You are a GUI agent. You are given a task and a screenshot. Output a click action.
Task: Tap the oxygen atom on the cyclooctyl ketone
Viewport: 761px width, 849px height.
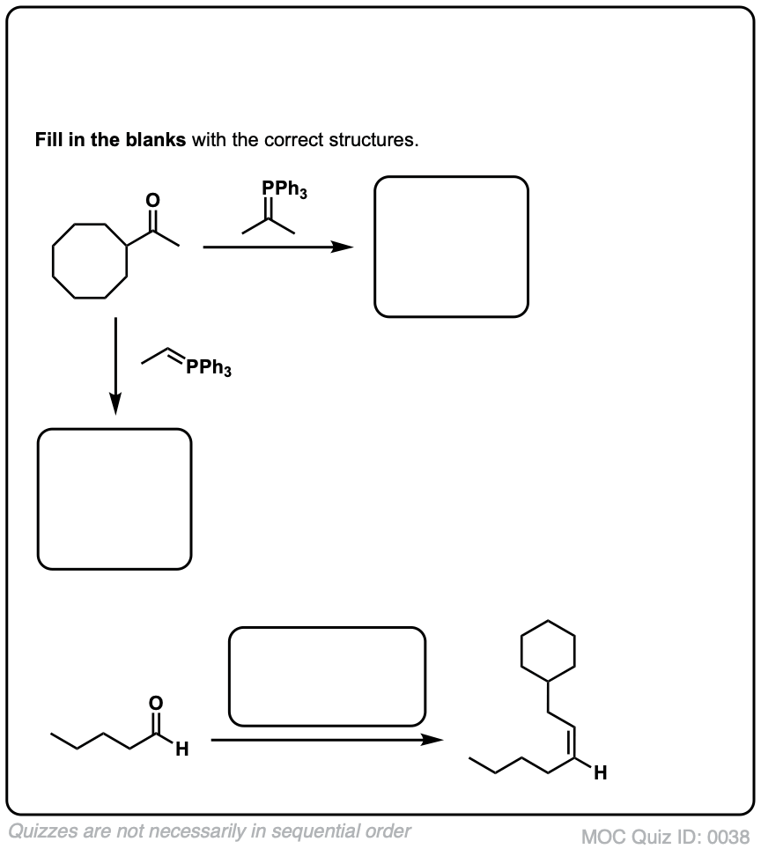(x=153, y=201)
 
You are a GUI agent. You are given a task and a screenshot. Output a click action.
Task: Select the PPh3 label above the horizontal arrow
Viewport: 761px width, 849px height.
(x=284, y=188)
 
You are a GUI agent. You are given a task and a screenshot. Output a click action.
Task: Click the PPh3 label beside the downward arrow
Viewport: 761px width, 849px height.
(x=208, y=368)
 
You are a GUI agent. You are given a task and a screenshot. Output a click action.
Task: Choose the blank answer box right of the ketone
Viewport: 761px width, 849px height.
(x=451, y=247)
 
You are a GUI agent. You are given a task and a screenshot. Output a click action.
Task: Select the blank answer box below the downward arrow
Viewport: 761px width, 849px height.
(x=115, y=498)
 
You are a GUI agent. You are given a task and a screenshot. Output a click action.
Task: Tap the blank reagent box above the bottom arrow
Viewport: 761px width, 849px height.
(x=327, y=676)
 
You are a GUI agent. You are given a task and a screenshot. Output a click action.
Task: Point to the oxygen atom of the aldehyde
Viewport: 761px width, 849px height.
(x=157, y=703)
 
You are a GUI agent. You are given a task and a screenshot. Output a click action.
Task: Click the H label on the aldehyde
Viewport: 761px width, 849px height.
(x=181, y=751)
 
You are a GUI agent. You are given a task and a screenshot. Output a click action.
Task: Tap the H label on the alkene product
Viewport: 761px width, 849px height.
(x=600, y=774)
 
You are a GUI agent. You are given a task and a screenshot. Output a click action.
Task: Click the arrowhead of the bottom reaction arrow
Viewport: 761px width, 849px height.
(x=432, y=741)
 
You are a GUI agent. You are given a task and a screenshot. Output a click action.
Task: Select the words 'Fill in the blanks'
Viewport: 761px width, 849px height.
(x=110, y=140)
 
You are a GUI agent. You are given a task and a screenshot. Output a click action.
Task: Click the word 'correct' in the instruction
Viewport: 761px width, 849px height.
(x=295, y=140)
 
